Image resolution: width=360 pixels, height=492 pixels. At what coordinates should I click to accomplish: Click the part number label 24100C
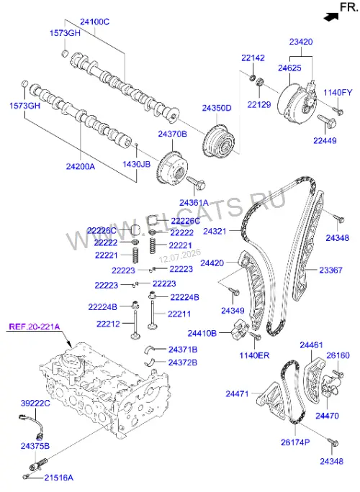tap(94, 22)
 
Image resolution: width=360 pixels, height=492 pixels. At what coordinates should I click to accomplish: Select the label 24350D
tap(217, 108)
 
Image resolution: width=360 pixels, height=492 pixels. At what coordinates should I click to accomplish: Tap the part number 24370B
tap(173, 134)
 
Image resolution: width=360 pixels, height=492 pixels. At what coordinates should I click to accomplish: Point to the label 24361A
tap(194, 203)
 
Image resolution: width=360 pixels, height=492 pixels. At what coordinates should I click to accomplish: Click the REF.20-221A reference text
tap(35, 327)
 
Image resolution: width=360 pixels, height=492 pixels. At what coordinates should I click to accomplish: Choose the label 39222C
tap(35, 404)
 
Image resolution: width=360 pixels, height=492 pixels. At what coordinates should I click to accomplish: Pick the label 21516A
tap(59, 478)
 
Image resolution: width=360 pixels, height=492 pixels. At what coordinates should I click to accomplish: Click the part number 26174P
tap(295, 442)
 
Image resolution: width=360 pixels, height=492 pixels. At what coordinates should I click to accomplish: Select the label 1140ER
tap(254, 355)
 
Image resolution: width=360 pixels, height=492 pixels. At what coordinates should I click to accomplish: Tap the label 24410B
tap(202, 333)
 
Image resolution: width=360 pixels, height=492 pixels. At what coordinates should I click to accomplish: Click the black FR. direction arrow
tap(331, 17)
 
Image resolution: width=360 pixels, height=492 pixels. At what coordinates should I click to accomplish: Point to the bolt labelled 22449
tap(327, 121)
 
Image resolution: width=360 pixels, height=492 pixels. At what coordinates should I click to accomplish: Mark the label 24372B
tap(183, 363)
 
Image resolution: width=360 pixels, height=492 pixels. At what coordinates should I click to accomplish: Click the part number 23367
tap(330, 270)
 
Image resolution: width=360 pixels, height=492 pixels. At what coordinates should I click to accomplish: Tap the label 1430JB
tap(136, 164)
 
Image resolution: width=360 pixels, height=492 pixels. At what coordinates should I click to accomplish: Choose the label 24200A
tap(81, 166)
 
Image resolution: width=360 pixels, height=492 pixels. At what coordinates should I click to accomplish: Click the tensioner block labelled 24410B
tap(240, 329)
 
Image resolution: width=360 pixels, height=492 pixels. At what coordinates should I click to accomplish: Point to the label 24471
tap(237, 393)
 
